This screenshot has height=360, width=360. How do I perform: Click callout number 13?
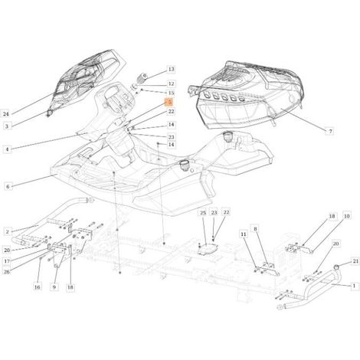tap(171, 69)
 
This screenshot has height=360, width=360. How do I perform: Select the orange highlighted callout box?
tap(169, 102)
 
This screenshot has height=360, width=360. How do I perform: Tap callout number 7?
tap(330, 132)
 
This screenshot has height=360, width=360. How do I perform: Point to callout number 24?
tap(6, 114)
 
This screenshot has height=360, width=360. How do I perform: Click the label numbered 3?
tap(7, 126)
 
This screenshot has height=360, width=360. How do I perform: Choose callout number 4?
tap(7, 149)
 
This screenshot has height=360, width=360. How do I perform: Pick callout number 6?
tap(8, 187)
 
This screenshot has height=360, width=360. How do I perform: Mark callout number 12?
tap(171, 83)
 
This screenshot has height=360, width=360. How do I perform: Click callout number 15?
tap(171, 93)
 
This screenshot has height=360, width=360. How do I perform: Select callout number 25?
tap(203, 213)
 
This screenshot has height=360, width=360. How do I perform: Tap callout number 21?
tap(355, 261)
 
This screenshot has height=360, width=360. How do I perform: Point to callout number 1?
tap(354, 286)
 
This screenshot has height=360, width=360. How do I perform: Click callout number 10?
tap(346, 216)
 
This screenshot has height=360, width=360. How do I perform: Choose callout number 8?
tap(255, 229)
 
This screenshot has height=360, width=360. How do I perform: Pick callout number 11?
tap(244, 234)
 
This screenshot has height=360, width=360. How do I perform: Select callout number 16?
tap(38, 287)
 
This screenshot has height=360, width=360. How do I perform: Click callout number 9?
tap(54, 287)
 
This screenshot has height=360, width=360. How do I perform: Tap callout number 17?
tap(7, 261)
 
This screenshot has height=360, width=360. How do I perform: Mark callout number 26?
tap(7, 272)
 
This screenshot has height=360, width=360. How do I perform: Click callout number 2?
tap(8, 231)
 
